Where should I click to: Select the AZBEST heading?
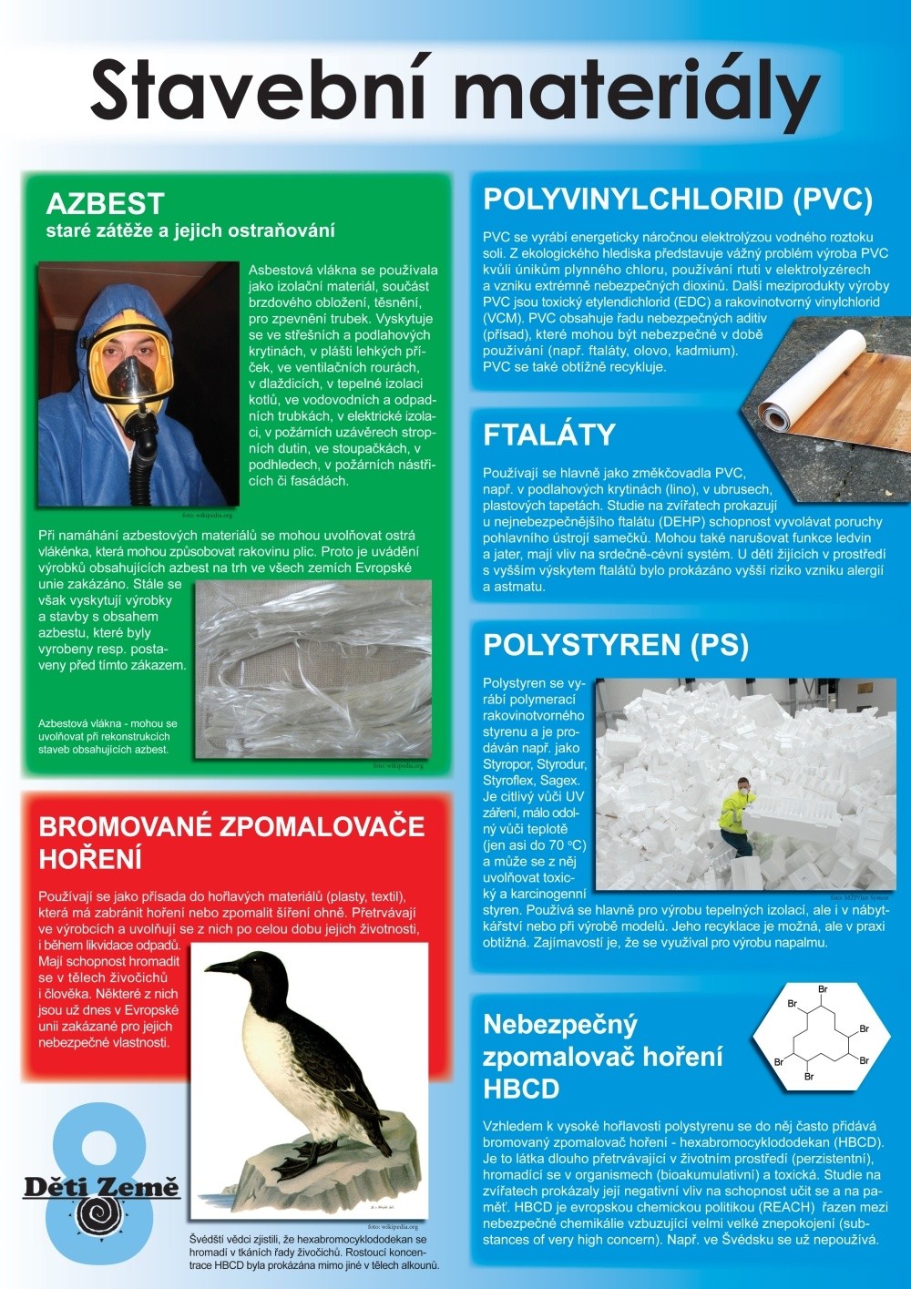[105, 203]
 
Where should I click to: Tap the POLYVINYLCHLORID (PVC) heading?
[678, 199]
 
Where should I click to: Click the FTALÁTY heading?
[549, 435]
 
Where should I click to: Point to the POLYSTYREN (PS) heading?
[616, 645]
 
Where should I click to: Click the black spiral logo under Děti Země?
[100, 1216]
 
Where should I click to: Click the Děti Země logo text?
[101, 1186]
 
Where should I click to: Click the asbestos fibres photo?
[313, 670]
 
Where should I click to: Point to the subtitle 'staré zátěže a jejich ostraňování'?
[190, 230]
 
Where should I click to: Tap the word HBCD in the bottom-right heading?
[521, 1089]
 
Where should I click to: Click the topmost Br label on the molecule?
[823, 989]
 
